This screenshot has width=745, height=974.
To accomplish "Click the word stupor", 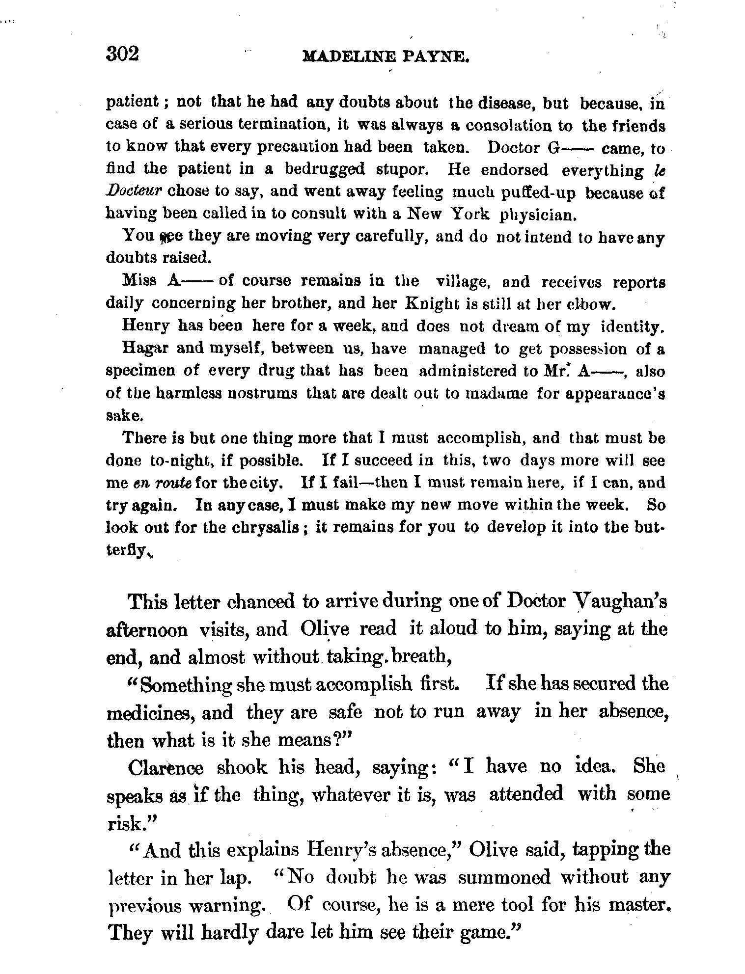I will pos(404,169).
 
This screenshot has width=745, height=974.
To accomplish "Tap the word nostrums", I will pos(262,393).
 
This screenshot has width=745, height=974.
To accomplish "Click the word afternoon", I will pos(147,630).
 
